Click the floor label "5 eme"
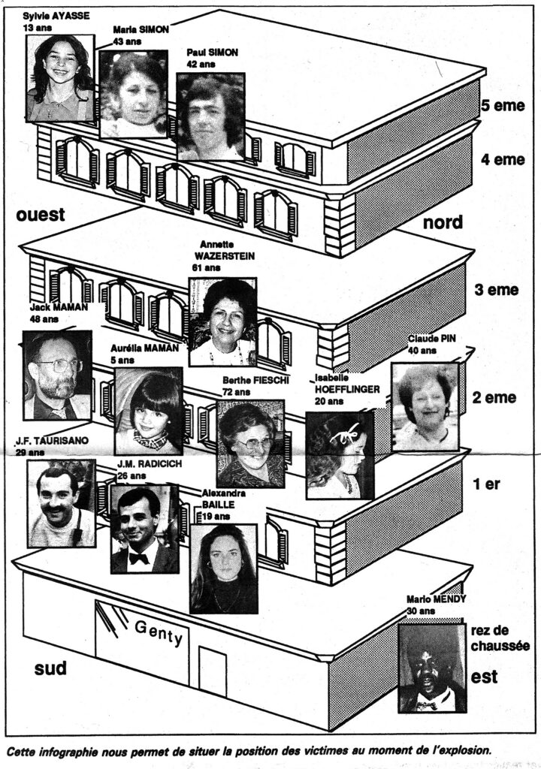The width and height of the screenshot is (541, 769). tap(503, 105)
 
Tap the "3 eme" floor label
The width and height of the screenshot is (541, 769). tap(497, 289)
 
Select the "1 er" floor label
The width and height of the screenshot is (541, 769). tap(486, 484)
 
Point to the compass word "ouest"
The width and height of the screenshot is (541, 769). tap(41, 214)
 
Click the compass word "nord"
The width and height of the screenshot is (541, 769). tap(443, 222)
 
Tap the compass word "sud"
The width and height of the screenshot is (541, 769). tap(50, 668)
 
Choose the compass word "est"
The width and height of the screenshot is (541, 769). tap(484, 677)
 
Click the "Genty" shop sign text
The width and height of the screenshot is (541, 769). tap(159, 632)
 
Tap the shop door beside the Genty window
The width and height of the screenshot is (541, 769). tap(213, 671)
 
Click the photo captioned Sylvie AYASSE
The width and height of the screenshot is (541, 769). tap(60, 78)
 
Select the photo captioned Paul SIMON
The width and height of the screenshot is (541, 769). tap(210, 116)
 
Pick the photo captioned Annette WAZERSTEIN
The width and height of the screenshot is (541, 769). tap(223, 321)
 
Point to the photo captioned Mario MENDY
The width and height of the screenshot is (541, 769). tap(431, 668)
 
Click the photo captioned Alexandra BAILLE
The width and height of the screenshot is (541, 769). tap(223, 569)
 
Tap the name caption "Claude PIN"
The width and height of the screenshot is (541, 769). tap(432, 339)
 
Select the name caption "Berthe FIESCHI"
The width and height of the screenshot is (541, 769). tap(255, 380)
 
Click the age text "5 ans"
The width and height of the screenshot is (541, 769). tap(122, 360)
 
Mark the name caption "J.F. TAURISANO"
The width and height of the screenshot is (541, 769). tap(52, 440)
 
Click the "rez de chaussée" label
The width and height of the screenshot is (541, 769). tap(500, 638)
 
